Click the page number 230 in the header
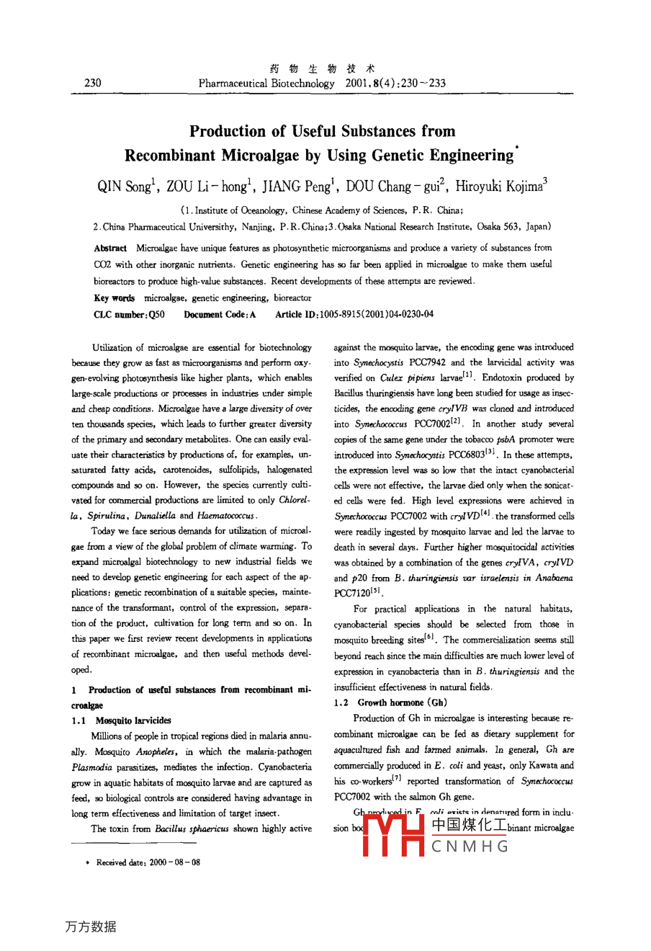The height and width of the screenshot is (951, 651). [x=93, y=83]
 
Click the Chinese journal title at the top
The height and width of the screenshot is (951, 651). [x=322, y=69]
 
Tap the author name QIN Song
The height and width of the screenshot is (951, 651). [x=126, y=187]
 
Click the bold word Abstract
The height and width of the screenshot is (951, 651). [x=110, y=248]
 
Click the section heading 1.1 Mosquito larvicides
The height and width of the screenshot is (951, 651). [x=122, y=720]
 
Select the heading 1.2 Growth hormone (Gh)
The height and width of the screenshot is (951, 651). [x=390, y=702]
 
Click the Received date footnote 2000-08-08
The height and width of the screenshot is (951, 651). [x=148, y=862]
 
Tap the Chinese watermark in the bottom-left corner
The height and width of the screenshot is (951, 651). [x=90, y=927]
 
